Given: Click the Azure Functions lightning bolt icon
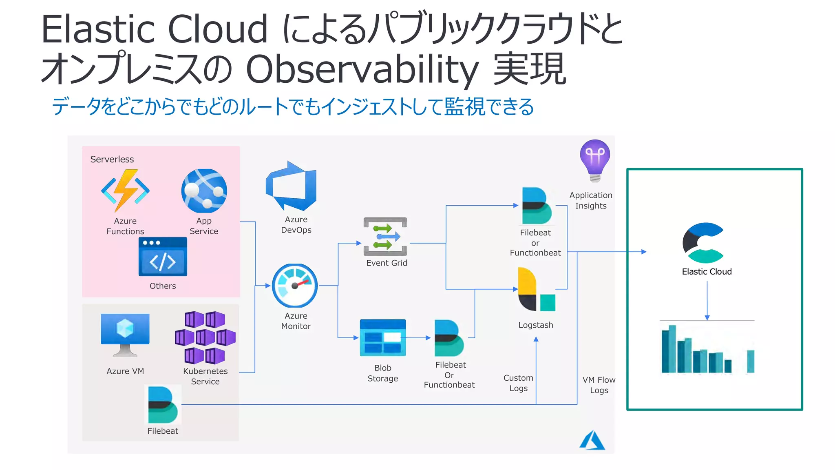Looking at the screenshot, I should click(125, 191).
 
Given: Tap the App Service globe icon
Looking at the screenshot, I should click(204, 191).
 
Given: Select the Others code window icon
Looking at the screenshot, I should click(163, 257).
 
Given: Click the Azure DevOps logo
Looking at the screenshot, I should click(292, 186).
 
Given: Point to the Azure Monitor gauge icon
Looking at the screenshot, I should click(295, 286).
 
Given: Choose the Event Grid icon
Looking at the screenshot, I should click(385, 237).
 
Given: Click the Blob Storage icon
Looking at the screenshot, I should click(382, 338).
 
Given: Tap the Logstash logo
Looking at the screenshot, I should click(536, 289).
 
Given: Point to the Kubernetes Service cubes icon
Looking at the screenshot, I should click(205, 338).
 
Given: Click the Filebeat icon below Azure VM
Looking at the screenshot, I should click(163, 405).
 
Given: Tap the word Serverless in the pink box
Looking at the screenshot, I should click(112, 159).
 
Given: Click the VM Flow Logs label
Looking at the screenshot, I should click(599, 385).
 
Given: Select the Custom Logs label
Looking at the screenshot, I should click(518, 383).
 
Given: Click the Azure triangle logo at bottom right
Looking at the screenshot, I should click(592, 441).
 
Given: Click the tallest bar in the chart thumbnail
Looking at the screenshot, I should click(672, 349).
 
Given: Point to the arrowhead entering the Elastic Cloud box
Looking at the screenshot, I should click(644, 252).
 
